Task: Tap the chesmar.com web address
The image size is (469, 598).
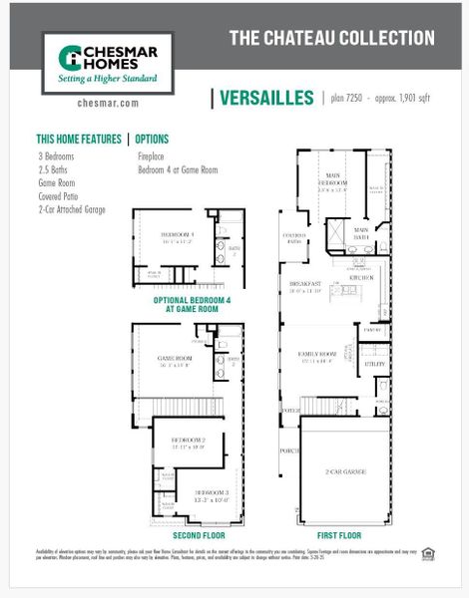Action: (x=107, y=103)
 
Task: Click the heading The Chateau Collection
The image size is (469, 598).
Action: (x=331, y=39)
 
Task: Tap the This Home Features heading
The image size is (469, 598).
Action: (x=79, y=140)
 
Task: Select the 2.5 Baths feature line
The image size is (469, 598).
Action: (x=54, y=169)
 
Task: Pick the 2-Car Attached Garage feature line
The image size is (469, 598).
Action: (x=72, y=209)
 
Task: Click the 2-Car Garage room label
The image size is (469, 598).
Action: (x=344, y=469)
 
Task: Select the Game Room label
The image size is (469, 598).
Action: (x=175, y=359)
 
